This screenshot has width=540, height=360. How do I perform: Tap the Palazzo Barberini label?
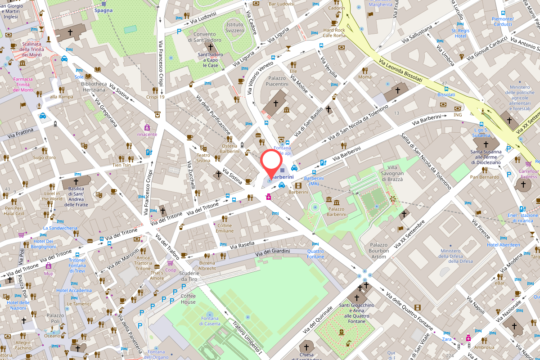[x=336, y=211]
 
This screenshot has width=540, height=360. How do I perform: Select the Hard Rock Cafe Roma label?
[x=334, y=33]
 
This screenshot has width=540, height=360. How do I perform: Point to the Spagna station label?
[x=103, y=10]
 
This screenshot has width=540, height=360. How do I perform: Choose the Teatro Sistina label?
[x=203, y=157]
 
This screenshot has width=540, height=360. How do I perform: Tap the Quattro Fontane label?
[x=315, y=254]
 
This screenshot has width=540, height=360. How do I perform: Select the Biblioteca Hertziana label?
[x=94, y=87]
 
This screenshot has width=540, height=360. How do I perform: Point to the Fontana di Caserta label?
[x=210, y=321]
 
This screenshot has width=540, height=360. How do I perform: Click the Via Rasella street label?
[x=243, y=244]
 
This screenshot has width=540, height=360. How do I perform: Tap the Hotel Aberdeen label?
[x=503, y=245]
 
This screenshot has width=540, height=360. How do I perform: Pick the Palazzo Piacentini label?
[x=277, y=81]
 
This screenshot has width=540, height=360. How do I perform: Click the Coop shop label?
[x=171, y=270]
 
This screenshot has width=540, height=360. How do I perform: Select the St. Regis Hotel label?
[x=460, y=33]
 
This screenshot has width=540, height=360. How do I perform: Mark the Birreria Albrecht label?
[x=207, y=265]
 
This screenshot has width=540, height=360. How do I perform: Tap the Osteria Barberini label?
[x=229, y=148]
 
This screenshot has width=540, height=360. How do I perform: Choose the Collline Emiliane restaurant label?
[x=225, y=228]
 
